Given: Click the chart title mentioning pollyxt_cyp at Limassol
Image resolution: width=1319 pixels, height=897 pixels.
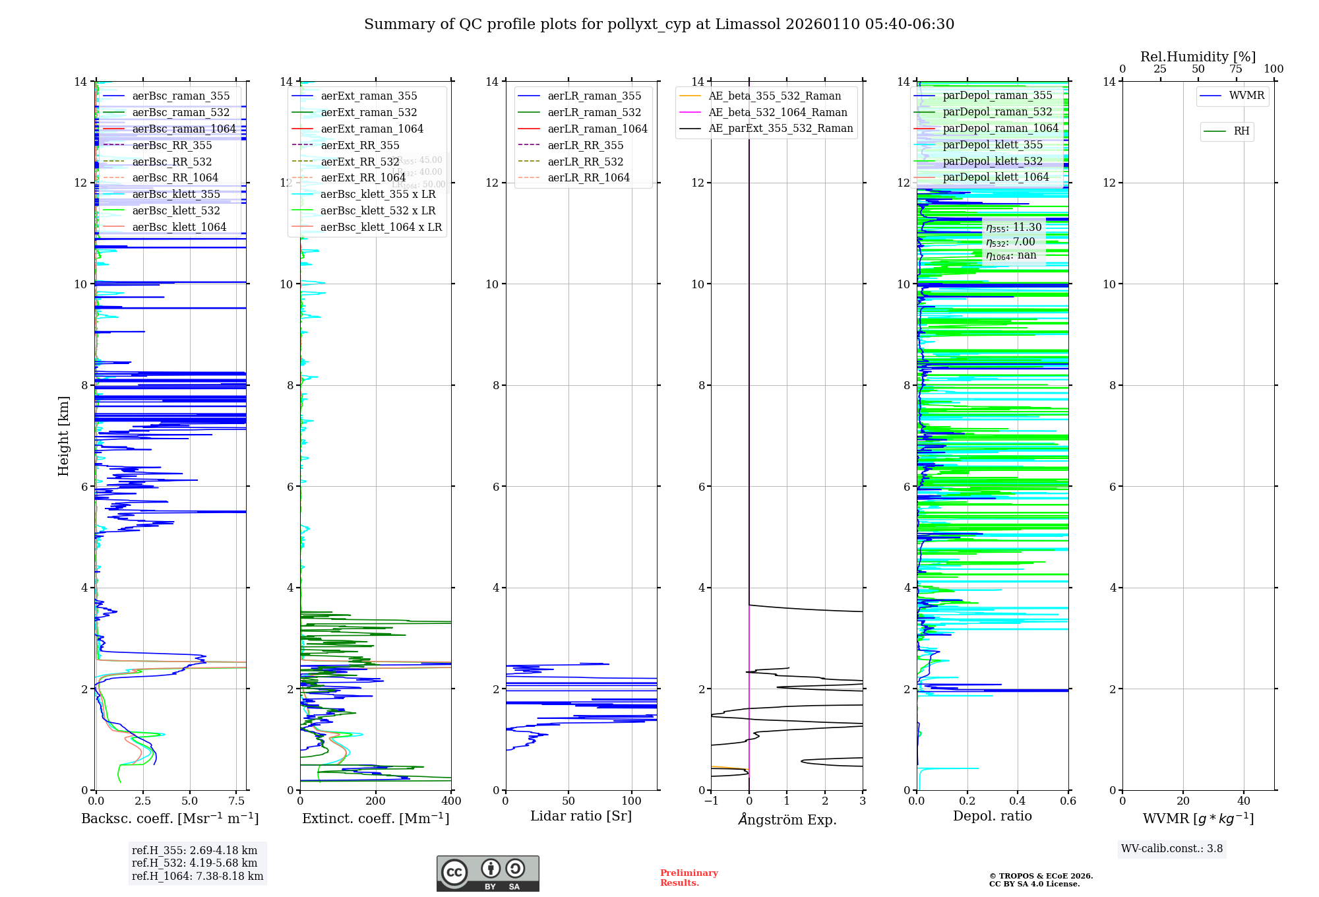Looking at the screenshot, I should click(x=659, y=24).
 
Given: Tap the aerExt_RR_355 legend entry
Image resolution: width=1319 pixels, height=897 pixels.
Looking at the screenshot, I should click(x=359, y=145).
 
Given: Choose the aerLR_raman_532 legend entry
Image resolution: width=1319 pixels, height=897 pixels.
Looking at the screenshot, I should click(x=594, y=112).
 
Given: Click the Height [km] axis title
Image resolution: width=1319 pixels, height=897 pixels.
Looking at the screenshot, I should click(x=63, y=435).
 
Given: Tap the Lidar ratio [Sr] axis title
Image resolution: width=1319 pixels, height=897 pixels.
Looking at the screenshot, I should click(x=580, y=816).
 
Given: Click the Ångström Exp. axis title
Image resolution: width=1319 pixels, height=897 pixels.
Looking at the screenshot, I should click(x=787, y=819).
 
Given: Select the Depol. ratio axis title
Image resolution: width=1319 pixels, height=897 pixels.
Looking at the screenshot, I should click(x=992, y=816).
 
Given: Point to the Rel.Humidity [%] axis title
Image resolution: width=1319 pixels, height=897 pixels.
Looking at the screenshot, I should click(x=1198, y=57).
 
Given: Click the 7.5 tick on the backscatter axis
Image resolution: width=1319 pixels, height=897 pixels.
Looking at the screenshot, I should click(x=236, y=801).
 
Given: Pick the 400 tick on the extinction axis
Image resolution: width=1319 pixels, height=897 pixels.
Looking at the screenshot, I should click(x=451, y=801).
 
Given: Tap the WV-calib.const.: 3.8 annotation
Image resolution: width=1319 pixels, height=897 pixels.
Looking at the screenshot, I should click(x=1171, y=849).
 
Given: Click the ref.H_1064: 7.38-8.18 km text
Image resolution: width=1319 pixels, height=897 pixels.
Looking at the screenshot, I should click(x=197, y=877).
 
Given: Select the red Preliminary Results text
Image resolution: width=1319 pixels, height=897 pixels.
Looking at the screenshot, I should click(x=689, y=878).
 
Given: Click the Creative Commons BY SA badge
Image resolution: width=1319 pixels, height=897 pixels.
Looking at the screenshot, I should click(x=487, y=874).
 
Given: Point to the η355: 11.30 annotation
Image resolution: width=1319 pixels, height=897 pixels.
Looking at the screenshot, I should click(x=1014, y=228).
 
